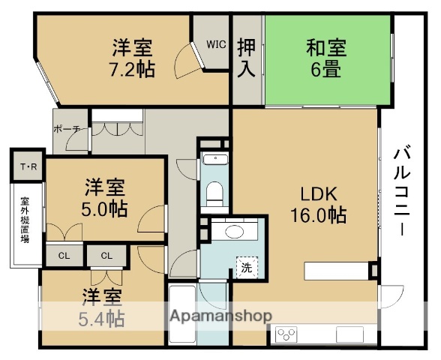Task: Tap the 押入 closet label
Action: coord(247,58)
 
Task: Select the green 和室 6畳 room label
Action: coord(326,58)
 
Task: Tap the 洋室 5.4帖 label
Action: coord(103,307)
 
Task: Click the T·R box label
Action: coord(28,166)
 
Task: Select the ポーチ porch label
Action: coord(67,129)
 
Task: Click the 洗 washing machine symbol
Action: coord(245,265)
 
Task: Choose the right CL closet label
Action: coord(106,256)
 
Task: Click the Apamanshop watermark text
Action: coord(220,315)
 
